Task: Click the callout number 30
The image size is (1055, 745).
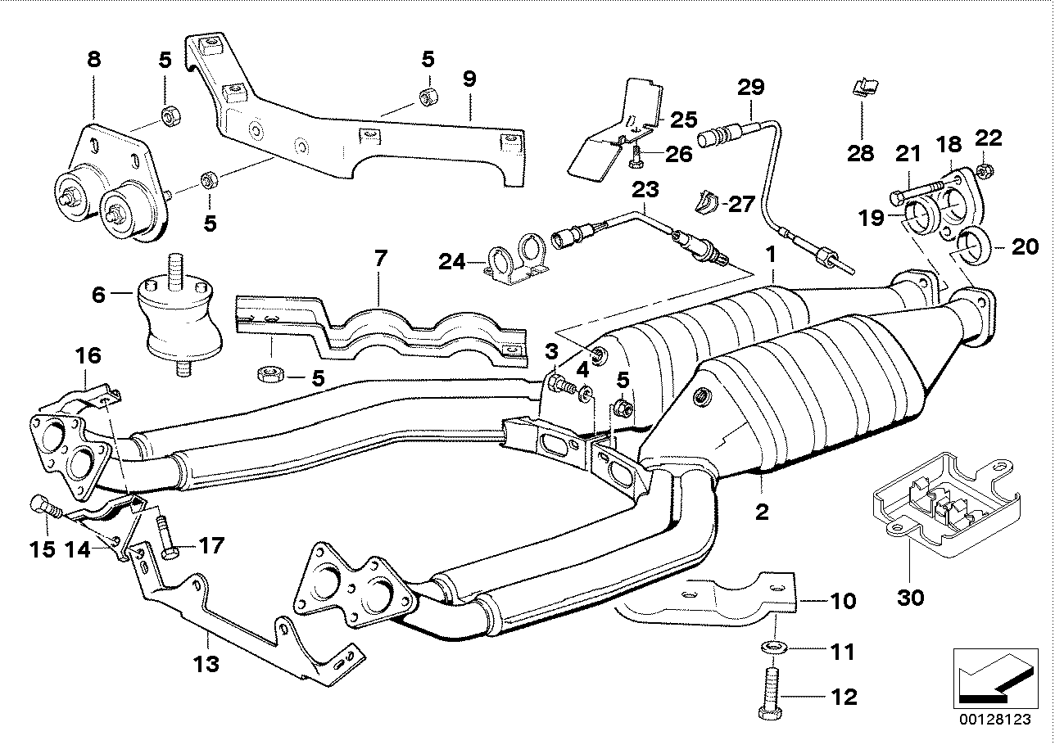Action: coord(910,598)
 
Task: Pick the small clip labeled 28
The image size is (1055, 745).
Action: coord(862,87)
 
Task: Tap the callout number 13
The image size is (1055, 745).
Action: coord(206,663)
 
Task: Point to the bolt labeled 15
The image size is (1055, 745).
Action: coord(43,508)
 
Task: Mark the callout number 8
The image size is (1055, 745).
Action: coord(94,59)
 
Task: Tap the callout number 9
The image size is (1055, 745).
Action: coord(469,79)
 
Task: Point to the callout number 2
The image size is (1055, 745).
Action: coord(762,513)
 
